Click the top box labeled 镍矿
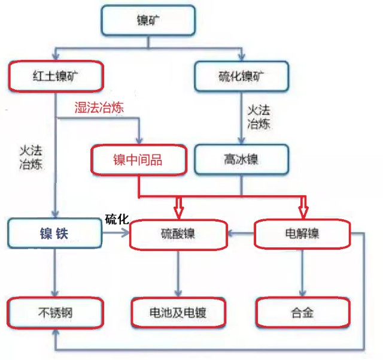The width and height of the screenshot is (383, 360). point(148,21)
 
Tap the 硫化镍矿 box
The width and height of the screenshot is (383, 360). point(242,76)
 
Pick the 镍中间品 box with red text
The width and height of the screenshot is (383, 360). point(138,160)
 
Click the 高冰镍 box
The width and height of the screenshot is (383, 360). point(242,160)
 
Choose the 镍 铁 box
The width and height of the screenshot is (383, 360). point(55,233)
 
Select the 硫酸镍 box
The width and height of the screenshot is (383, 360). point(178,234)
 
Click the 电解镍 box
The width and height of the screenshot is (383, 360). point(302,234)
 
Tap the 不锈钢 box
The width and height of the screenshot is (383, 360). point(55,311)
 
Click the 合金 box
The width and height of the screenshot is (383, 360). point(302,311)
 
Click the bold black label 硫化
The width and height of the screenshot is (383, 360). point(117,219)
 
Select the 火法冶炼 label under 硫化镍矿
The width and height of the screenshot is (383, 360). point(259,117)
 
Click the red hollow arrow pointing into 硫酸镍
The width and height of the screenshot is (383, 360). point(178,209)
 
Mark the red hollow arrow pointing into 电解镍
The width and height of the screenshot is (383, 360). point(303,209)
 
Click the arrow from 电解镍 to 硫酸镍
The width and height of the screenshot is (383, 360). point(241,234)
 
